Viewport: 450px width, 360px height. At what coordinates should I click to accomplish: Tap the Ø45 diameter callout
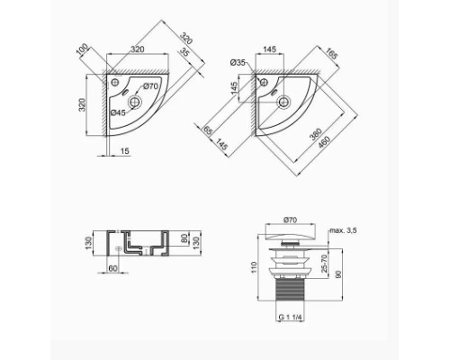[118, 112]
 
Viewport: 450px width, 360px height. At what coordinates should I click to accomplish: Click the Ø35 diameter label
[237, 62]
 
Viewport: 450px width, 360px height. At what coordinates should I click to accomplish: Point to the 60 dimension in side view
[112, 266]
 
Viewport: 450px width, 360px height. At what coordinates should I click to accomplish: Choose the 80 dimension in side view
[183, 240]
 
